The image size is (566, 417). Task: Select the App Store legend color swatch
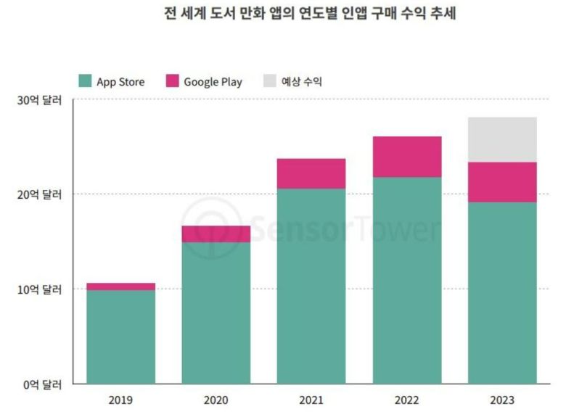click(85, 81)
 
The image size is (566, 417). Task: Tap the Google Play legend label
click(213, 81)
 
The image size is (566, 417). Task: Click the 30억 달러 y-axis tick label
click(41, 99)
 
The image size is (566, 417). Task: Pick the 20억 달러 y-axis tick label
click(41, 194)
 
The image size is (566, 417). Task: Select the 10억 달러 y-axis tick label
click(41, 289)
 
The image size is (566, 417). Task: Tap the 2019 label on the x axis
click(120, 400)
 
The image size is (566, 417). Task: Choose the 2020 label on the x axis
click(216, 400)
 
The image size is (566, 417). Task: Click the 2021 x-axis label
click(311, 400)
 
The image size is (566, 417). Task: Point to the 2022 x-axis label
click(407, 400)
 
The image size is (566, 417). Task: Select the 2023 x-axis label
click(502, 400)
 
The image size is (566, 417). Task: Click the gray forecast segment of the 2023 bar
click(502, 139)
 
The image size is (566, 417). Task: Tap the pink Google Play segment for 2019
click(120, 286)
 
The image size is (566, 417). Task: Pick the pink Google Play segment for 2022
click(407, 157)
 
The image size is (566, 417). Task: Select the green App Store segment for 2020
click(216, 313)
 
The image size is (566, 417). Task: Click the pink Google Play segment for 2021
click(311, 173)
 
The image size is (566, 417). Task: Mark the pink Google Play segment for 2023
click(502, 182)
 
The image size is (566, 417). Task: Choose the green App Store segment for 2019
click(120, 337)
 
